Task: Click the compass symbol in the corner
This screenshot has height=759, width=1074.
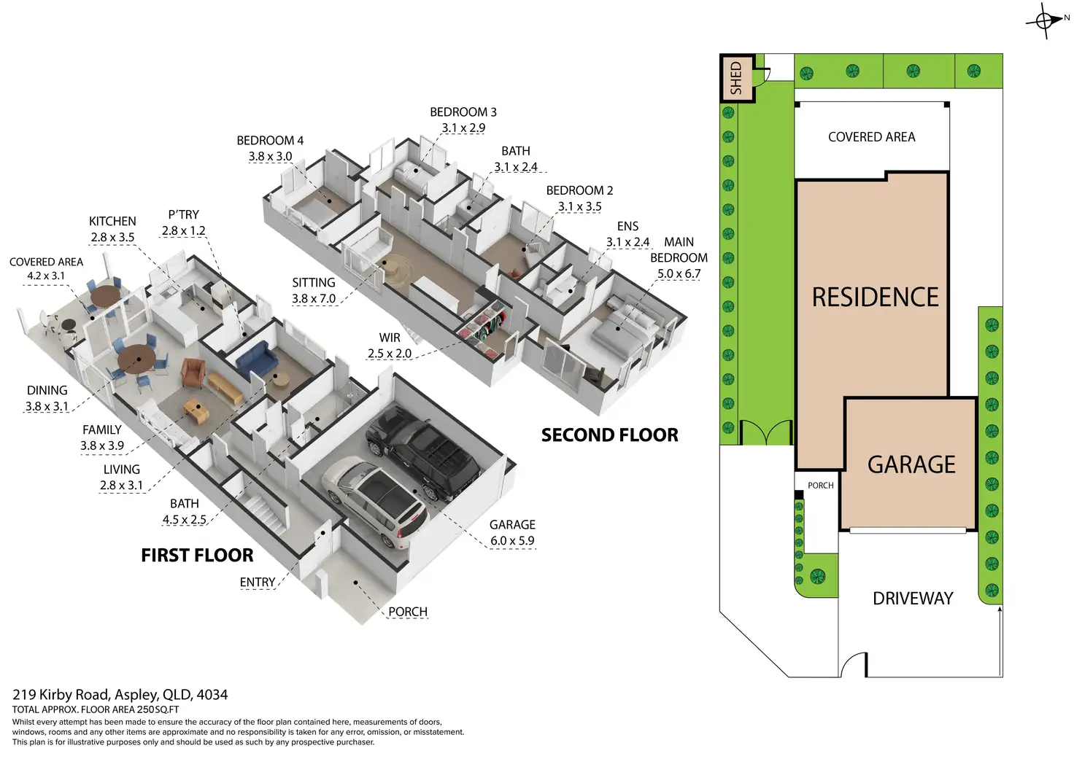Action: pos(1044,20)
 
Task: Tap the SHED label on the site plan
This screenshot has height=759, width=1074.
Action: pos(736,77)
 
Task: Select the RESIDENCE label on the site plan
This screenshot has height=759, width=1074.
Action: pos(875,297)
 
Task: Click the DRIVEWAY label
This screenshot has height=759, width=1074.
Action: pos(913,599)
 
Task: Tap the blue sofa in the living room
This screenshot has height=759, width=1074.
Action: pos(255,357)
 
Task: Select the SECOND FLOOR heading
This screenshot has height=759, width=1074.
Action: pos(609,435)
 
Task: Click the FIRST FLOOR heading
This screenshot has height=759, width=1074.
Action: pos(197,556)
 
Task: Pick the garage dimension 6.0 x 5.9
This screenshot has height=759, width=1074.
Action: pos(512,541)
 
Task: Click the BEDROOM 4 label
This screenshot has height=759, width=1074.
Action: pos(270,141)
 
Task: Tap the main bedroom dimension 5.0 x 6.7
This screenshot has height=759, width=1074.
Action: pos(679,274)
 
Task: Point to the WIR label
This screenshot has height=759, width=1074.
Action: pos(390,338)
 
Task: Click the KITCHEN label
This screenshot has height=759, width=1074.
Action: pos(112,221)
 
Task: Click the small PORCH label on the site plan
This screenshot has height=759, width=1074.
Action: pos(820,486)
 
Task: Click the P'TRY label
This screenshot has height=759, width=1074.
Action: pos(183,214)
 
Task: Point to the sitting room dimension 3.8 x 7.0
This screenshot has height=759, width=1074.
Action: pos(314,298)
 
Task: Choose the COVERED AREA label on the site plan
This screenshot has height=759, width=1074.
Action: pos(871,137)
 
